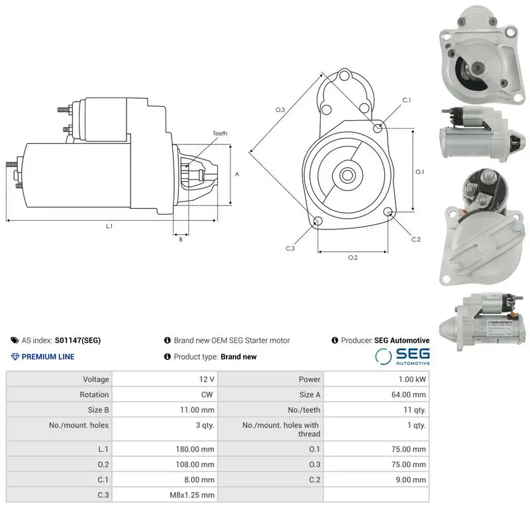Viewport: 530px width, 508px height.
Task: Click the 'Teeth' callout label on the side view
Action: (x=220, y=133)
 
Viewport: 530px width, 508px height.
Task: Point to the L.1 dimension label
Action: (x=109, y=226)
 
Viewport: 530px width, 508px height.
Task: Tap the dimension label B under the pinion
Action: (x=181, y=239)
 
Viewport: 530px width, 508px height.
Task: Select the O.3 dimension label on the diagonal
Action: (x=280, y=109)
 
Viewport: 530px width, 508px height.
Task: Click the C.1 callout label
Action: (x=407, y=100)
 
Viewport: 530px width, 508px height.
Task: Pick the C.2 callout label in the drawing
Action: (x=416, y=239)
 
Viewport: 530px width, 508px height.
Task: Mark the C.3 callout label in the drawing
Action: (x=290, y=249)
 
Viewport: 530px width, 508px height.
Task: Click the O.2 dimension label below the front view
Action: (x=353, y=257)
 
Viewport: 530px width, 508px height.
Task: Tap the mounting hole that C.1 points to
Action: (x=378, y=128)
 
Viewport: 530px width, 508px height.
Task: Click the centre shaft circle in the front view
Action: (x=346, y=175)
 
